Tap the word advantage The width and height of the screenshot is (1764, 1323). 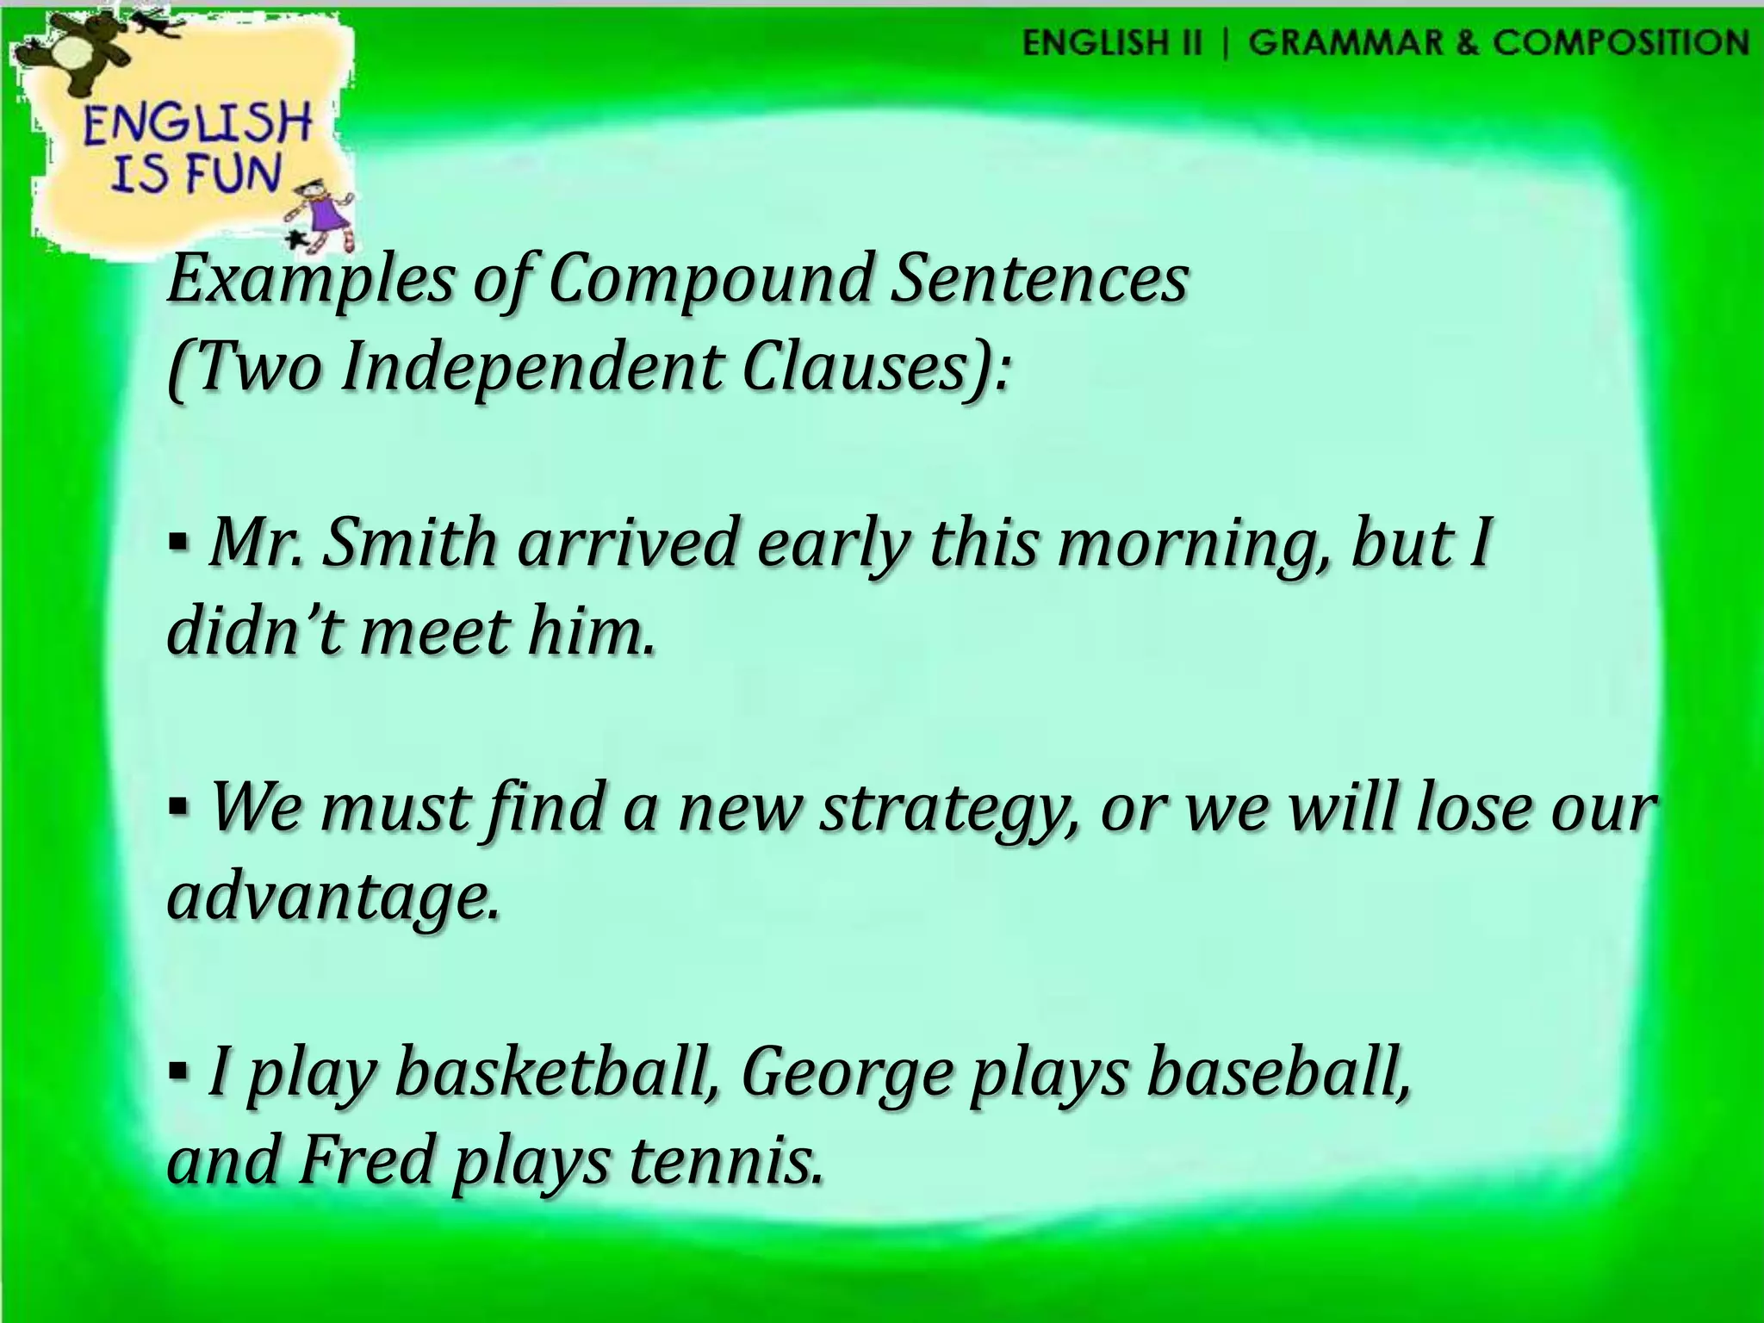332,899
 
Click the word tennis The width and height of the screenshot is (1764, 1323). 724,1160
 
